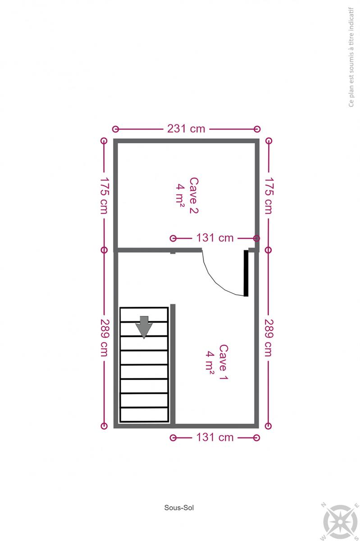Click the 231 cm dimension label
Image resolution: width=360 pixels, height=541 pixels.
click(186, 129)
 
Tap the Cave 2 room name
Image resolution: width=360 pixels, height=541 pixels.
click(194, 195)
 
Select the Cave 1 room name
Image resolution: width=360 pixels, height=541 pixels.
click(223, 362)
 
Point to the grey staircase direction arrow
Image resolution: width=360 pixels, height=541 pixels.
click(144, 327)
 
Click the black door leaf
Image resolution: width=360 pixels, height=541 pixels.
click(246, 273)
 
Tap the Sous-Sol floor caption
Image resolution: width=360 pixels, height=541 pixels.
click(179, 508)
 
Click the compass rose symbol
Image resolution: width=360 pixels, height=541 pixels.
click(341, 522)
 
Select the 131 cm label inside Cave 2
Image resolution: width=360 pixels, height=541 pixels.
click(215, 238)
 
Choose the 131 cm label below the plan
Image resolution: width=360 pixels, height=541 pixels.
click(215, 437)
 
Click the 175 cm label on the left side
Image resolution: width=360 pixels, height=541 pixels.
click(105, 196)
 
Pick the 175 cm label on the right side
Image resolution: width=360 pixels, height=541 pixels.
click(269, 196)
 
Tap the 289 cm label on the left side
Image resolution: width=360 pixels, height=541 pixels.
click(105, 338)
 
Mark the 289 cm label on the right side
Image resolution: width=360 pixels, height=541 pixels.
click(269, 338)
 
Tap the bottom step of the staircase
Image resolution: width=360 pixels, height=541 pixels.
click(144, 414)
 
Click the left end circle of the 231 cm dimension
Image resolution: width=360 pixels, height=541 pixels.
click(116, 129)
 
